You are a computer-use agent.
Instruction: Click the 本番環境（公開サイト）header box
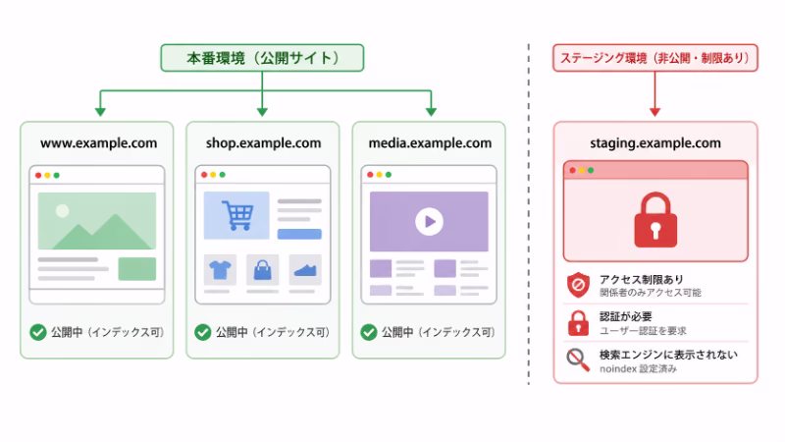[262, 58]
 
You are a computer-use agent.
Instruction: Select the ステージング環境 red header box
[655, 58]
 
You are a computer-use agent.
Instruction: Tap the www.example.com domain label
[98, 143]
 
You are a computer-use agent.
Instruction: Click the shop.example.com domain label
[263, 143]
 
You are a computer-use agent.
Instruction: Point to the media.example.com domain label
[430, 143]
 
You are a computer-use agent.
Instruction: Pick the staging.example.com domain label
[655, 143]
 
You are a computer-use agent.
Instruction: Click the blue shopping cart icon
[235, 214]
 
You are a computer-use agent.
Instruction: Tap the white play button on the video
[428, 221]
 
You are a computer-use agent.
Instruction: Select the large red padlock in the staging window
[654, 219]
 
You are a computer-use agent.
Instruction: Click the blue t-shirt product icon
[219, 269]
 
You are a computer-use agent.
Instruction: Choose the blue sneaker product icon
[305, 269]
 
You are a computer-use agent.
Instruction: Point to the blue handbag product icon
[262, 269]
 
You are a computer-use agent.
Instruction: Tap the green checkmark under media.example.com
[368, 332]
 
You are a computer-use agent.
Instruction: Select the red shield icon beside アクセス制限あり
[578, 285]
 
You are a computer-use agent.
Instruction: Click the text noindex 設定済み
[638, 369]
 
